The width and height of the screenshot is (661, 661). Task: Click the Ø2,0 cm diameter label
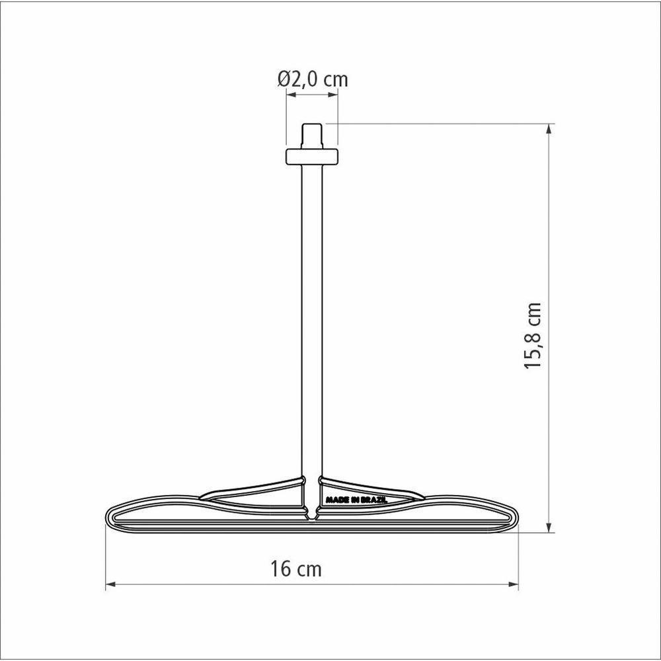(x=312, y=79)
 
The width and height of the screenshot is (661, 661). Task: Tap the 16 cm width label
(x=295, y=568)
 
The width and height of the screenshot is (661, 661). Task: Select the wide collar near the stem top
(x=311, y=157)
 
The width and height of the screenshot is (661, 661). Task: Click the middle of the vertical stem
(x=311, y=317)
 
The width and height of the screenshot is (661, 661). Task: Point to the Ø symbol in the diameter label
(x=284, y=79)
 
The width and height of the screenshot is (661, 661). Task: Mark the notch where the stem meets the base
(x=311, y=512)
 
